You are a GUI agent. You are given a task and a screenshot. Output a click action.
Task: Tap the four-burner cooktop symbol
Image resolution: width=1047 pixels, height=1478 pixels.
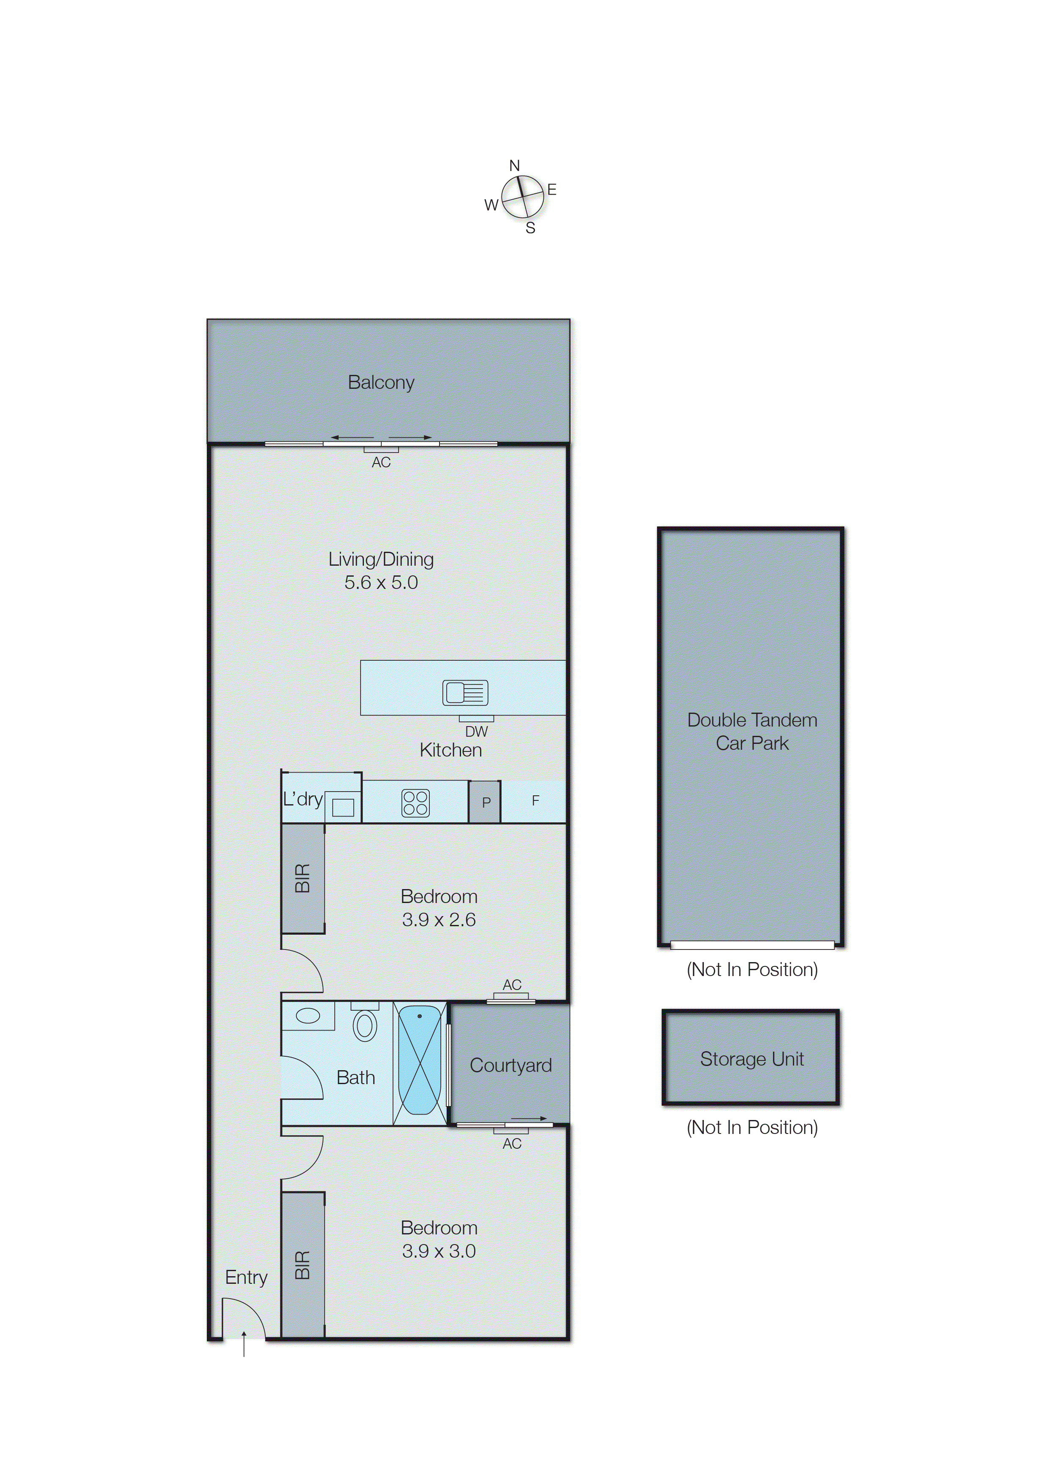pyautogui.click(x=415, y=803)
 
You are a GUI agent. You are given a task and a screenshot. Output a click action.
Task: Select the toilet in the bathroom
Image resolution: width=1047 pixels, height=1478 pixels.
pyautogui.click(x=365, y=1024)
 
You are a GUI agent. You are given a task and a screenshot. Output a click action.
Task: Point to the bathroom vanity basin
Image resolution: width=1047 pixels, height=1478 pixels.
pyautogui.click(x=308, y=1016)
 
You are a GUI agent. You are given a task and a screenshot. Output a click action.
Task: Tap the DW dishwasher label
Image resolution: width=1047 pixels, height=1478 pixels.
pyautogui.click(x=477, y=732)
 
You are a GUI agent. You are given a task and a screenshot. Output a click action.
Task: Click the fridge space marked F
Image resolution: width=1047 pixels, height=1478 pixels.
pyautogui.click(x=535, y=800)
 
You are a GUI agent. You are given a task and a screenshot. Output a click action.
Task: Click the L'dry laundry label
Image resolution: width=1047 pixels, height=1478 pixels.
pyautogui.click(x=302, y=799)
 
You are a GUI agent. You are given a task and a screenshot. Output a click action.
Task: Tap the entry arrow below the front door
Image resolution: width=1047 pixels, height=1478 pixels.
pyautogui.click(x=244, y=1342)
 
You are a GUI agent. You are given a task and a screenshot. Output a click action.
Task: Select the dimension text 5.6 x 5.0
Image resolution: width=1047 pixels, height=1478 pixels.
pyautogui.click(x=381, y=583)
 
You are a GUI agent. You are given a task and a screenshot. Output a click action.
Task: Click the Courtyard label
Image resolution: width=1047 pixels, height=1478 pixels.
pyautogui.click(x=510, y=1066)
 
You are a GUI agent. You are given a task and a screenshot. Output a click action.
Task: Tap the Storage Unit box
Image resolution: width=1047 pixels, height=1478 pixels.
pyautogui.click(x=751, y=1058)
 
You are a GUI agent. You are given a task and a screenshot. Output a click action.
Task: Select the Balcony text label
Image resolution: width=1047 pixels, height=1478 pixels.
pyautogui.click(x=381, y=382)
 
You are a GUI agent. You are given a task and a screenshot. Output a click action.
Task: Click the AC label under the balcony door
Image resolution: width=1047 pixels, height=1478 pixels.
pyautogui.click(x=381, y=462)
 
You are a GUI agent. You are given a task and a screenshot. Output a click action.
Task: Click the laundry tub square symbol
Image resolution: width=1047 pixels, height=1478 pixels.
pyautogui.click(x=343, y=807)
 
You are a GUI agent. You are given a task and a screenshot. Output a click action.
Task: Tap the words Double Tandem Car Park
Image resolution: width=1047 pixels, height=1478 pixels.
pyautogui.click(x=752, y=732)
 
